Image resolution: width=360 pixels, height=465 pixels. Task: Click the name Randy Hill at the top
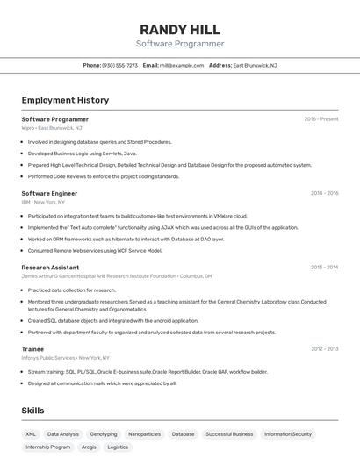point(180,29)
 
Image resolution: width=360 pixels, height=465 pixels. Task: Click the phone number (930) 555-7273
point(120,65)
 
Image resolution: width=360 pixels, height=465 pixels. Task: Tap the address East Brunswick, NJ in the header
point(255,65)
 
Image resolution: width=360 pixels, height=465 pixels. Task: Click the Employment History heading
point(65,100)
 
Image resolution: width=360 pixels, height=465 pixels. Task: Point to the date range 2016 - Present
point(321,119)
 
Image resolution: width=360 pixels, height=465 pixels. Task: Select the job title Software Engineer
point(49,193)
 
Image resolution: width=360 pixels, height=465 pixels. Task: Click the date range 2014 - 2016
point(324,193)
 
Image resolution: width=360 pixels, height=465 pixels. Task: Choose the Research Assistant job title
point(50,268)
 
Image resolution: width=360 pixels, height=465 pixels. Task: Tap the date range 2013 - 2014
point(324,268)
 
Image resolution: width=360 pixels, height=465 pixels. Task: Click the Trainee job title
point(32,349)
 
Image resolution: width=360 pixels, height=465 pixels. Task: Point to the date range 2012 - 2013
point(324,349)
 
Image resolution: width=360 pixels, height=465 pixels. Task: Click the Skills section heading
point(32,411)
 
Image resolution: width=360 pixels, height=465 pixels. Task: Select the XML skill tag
point(31,433)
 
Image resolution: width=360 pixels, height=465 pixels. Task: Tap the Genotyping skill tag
point(104,433)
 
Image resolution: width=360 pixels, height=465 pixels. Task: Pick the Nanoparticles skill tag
point(144,433)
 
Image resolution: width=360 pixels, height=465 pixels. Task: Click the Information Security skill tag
point(288,433)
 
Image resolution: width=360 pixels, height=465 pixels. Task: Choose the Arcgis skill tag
point(89,447)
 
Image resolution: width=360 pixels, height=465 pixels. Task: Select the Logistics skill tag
point(118,447)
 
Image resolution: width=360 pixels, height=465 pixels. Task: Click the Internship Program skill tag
point(48,447)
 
